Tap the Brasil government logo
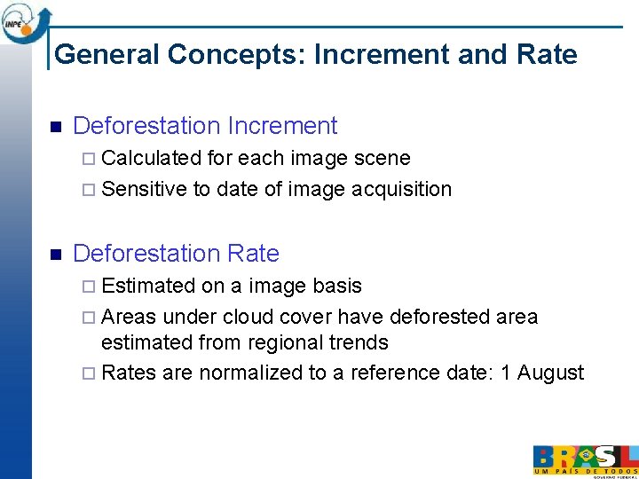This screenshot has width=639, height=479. [x=585, y=459]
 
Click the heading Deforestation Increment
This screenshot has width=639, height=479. [x=205, y=126]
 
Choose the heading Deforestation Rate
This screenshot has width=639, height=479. [x=176, y=254]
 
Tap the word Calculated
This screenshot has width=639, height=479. [x=152, y=159]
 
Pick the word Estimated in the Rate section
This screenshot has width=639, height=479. [x=149, y=286]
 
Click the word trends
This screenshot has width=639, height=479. [x=357, y=342]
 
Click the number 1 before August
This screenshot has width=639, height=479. [x=505, y=373]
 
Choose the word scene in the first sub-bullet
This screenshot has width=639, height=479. [x=382, y=159]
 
